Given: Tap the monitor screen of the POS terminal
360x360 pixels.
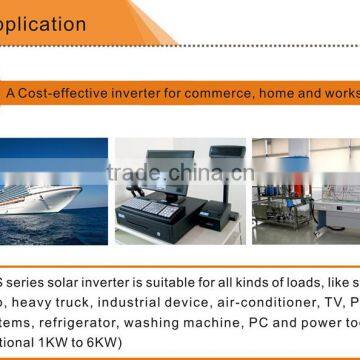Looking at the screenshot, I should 173,159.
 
